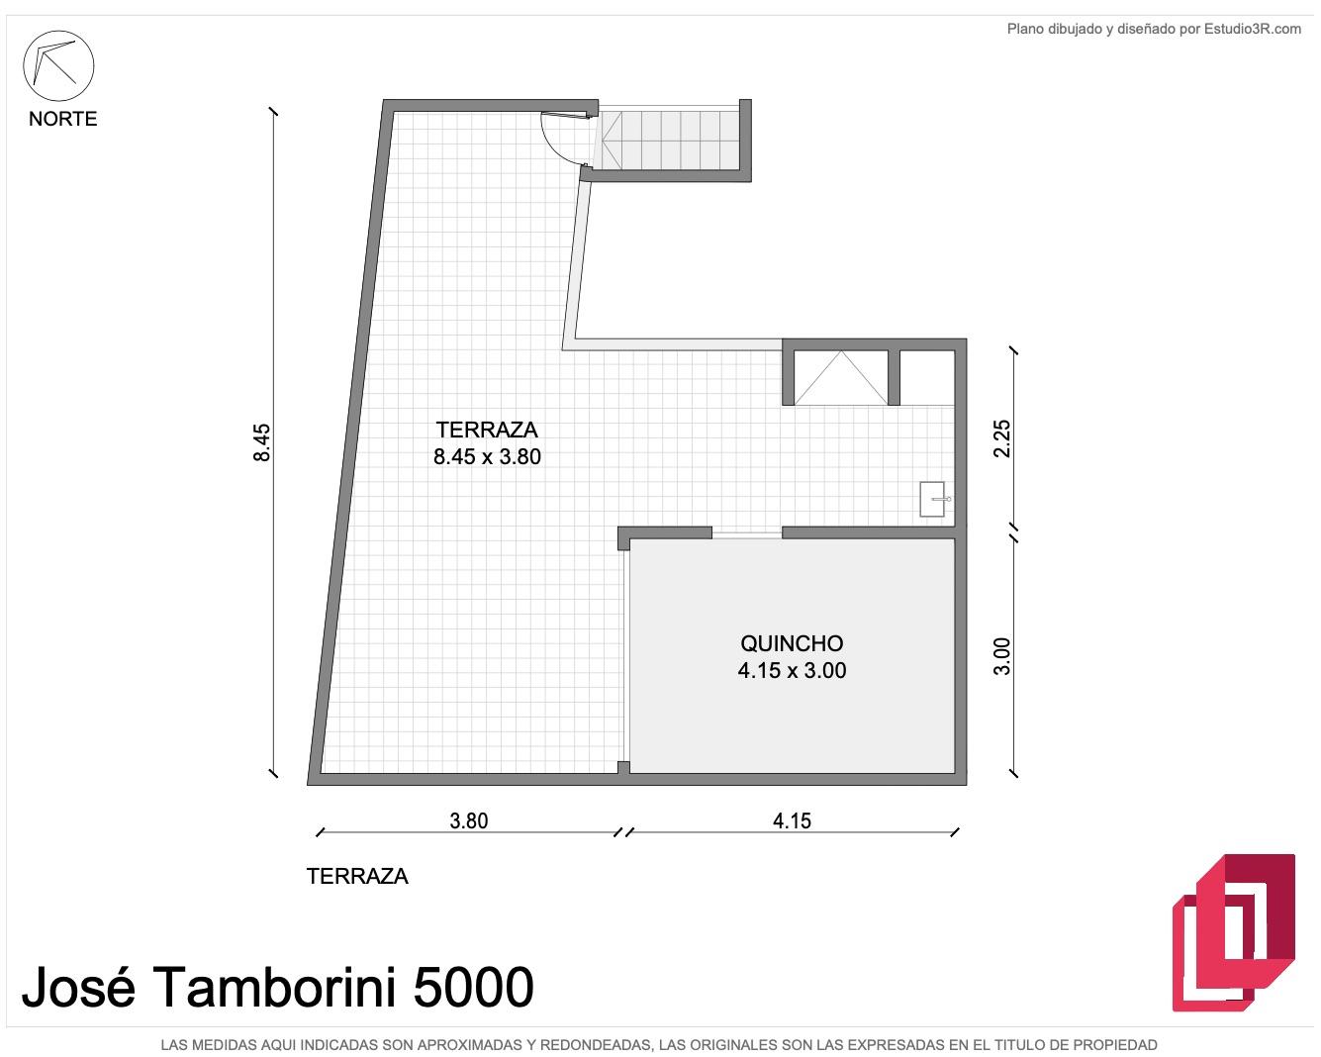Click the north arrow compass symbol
58,65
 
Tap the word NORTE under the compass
62,119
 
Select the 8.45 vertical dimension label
262,442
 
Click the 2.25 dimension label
1001,438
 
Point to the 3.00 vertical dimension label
1001,656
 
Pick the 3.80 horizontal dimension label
468,821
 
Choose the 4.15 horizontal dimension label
792,821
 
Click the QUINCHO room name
792,643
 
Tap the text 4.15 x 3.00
792,671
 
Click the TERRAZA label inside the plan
487,430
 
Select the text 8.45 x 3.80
487,457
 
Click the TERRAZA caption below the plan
357,877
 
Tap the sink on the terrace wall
933,500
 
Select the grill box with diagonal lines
841,378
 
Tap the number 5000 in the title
473,988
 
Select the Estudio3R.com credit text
1253,29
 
